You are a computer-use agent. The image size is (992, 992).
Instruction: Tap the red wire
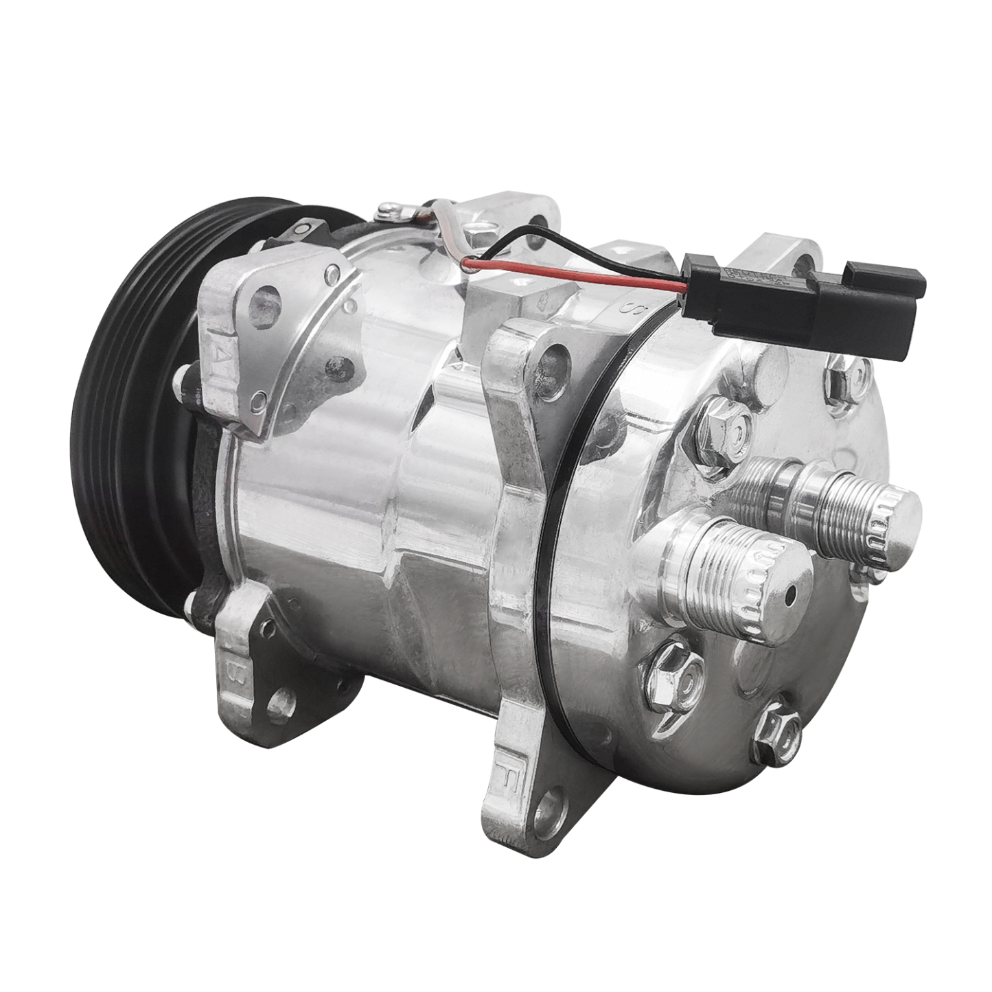click(x=577, y=278)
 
